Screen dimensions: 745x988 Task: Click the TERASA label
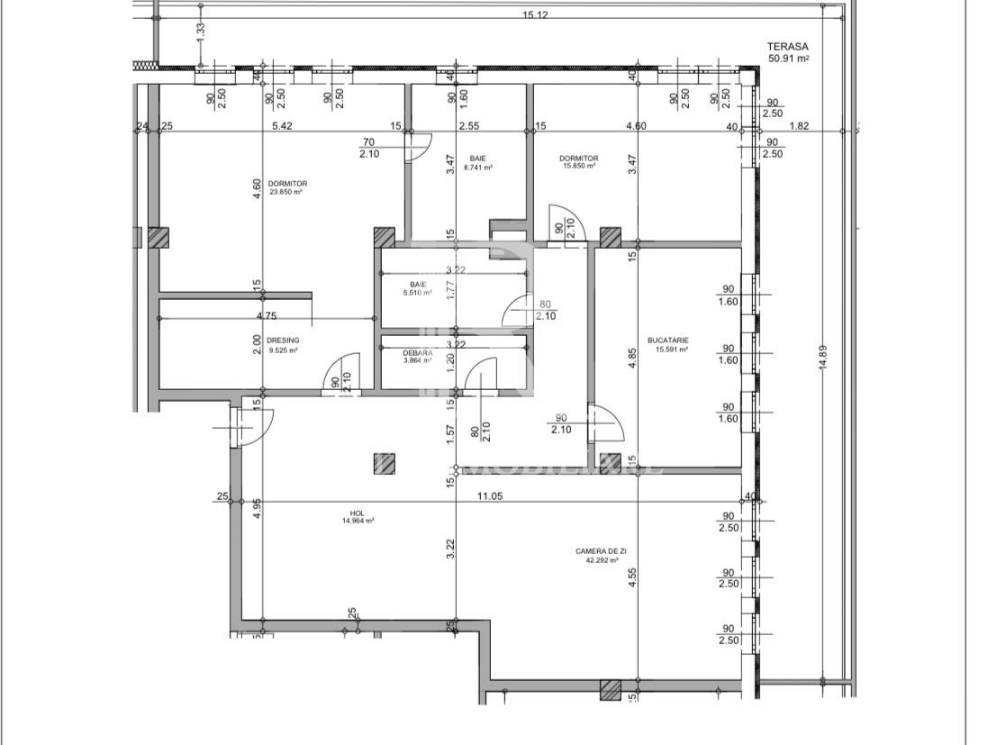[788, 47]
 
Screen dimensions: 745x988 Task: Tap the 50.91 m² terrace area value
[788, 59]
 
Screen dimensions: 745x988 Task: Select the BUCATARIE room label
[667, 341]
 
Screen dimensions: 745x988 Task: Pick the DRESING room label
[276, 341]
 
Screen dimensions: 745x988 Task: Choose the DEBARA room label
[417, 352]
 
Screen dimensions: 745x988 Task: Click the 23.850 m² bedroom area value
[287, 192]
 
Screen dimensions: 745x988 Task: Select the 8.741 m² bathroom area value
[478, 168]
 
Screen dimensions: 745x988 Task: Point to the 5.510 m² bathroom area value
[416, 293]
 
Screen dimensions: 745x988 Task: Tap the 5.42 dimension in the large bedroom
[281, 126]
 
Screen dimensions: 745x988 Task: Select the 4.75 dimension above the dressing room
[266, 316]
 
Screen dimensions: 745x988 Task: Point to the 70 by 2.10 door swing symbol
[419, 146]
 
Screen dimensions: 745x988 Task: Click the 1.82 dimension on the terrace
[797, 126]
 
